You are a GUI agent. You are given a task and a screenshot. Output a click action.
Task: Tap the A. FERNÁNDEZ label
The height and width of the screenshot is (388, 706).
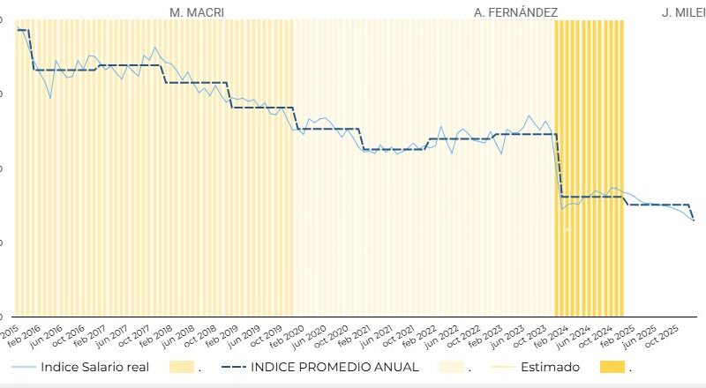[515, 12]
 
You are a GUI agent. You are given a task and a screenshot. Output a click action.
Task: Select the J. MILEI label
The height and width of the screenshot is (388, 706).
[683, 12]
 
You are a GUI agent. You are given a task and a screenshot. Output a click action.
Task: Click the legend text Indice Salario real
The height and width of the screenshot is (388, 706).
[95, 367]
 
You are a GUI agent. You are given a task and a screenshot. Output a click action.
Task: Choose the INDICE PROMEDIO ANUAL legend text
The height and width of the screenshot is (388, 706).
[336, 367]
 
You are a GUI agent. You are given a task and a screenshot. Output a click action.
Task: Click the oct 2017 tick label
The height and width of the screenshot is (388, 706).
[134, 336]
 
